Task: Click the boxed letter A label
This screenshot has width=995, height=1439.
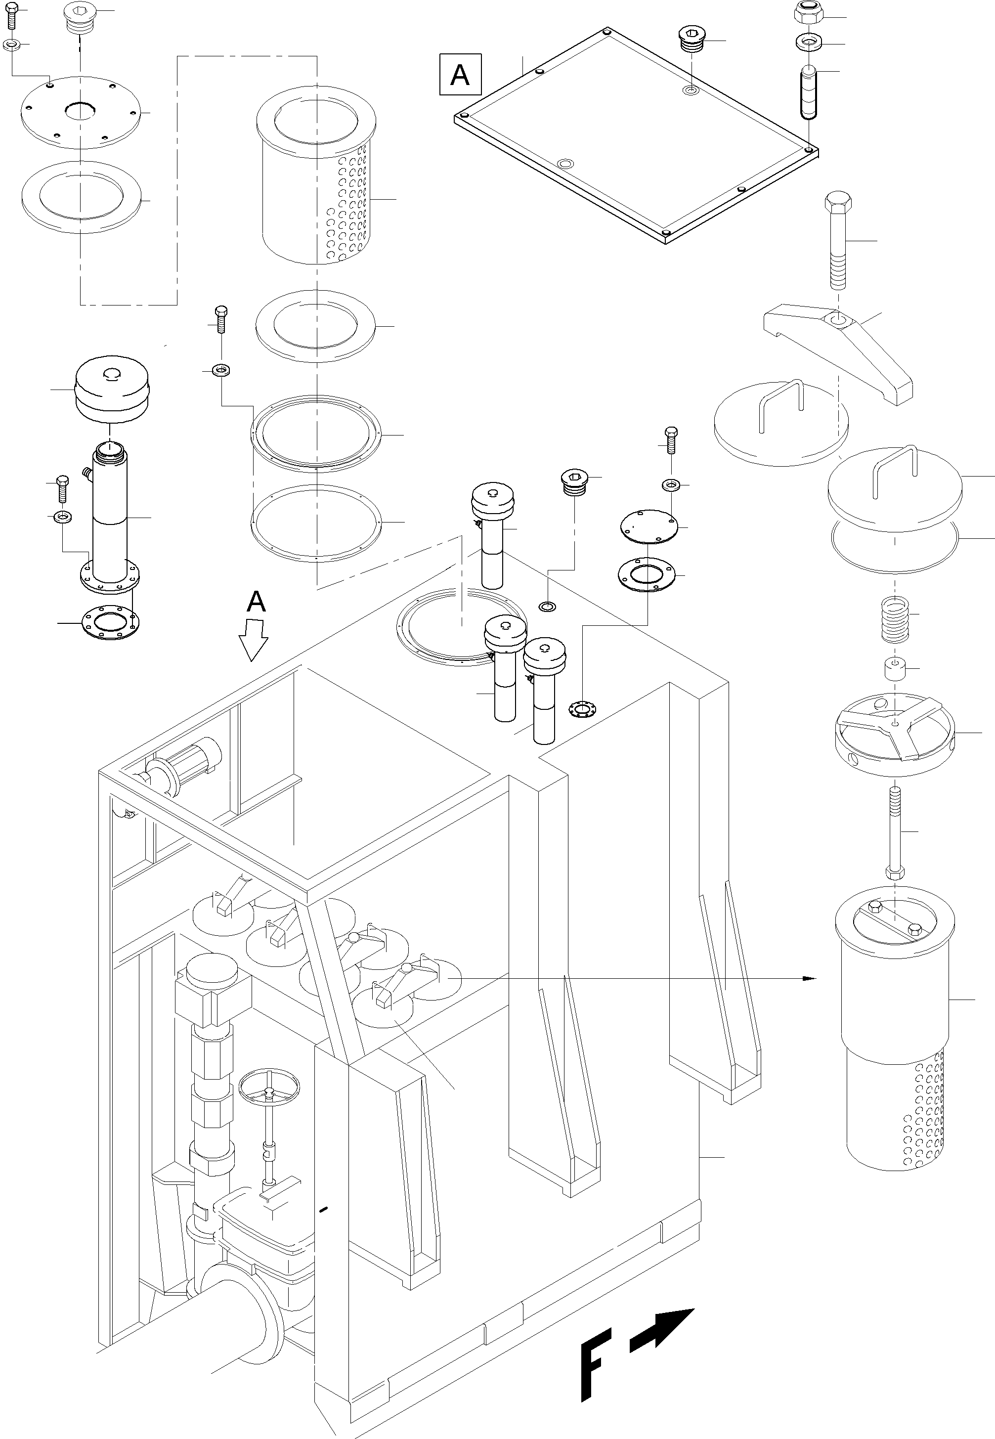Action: click(x=460, y=75)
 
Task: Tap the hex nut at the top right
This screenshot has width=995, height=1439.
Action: click(x=808, y=12)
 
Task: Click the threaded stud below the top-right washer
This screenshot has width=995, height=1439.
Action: click(x=809, y=91)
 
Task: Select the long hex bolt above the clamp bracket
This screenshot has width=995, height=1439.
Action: click(x=838, y=240)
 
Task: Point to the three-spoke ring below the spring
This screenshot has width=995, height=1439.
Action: click(x=895, y=733)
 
